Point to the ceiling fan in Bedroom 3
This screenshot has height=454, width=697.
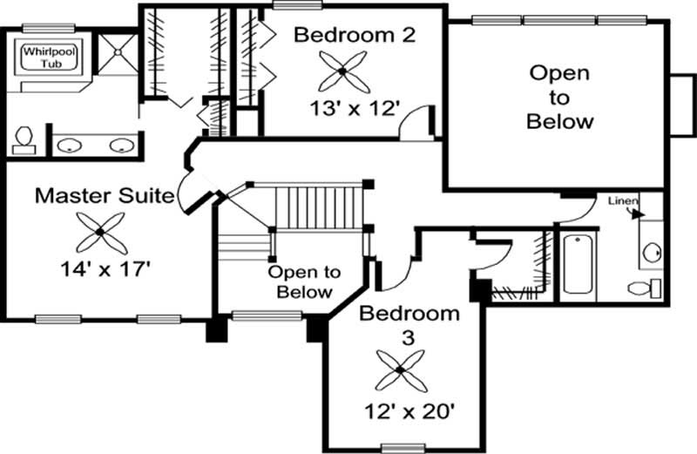399,369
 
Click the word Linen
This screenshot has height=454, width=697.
623,201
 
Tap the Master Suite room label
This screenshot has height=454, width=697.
103,195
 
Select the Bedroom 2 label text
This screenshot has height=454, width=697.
354,35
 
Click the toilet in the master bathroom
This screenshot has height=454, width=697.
24,139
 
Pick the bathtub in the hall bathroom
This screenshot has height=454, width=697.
577,261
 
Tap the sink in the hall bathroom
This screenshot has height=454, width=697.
651,253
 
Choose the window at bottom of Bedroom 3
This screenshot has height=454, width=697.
402,448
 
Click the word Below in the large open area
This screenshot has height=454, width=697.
559,121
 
